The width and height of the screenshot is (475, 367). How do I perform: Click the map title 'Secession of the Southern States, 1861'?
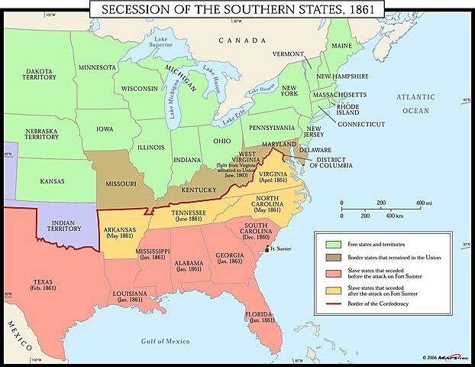click(237, 10)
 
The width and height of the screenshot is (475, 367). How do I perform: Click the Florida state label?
click(260, 315)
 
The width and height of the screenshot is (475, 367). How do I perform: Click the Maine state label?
click(342, 45)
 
